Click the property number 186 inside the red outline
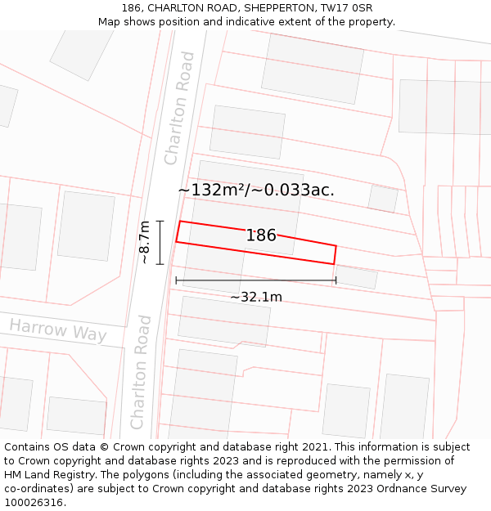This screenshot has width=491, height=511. coord(261,235)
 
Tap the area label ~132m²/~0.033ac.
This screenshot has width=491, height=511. coord(256,191)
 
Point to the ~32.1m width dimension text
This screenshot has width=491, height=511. coord(255,297)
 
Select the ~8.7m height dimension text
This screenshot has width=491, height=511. coord(144,242)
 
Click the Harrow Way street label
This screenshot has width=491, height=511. coord(58,330)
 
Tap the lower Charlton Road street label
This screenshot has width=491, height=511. coord(142,371)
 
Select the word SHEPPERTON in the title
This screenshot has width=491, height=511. coord(278,8)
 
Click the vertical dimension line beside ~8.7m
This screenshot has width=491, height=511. coord(160,242)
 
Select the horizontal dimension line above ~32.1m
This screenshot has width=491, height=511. coord(255,280)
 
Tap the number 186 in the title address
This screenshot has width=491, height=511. coord(131,8)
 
